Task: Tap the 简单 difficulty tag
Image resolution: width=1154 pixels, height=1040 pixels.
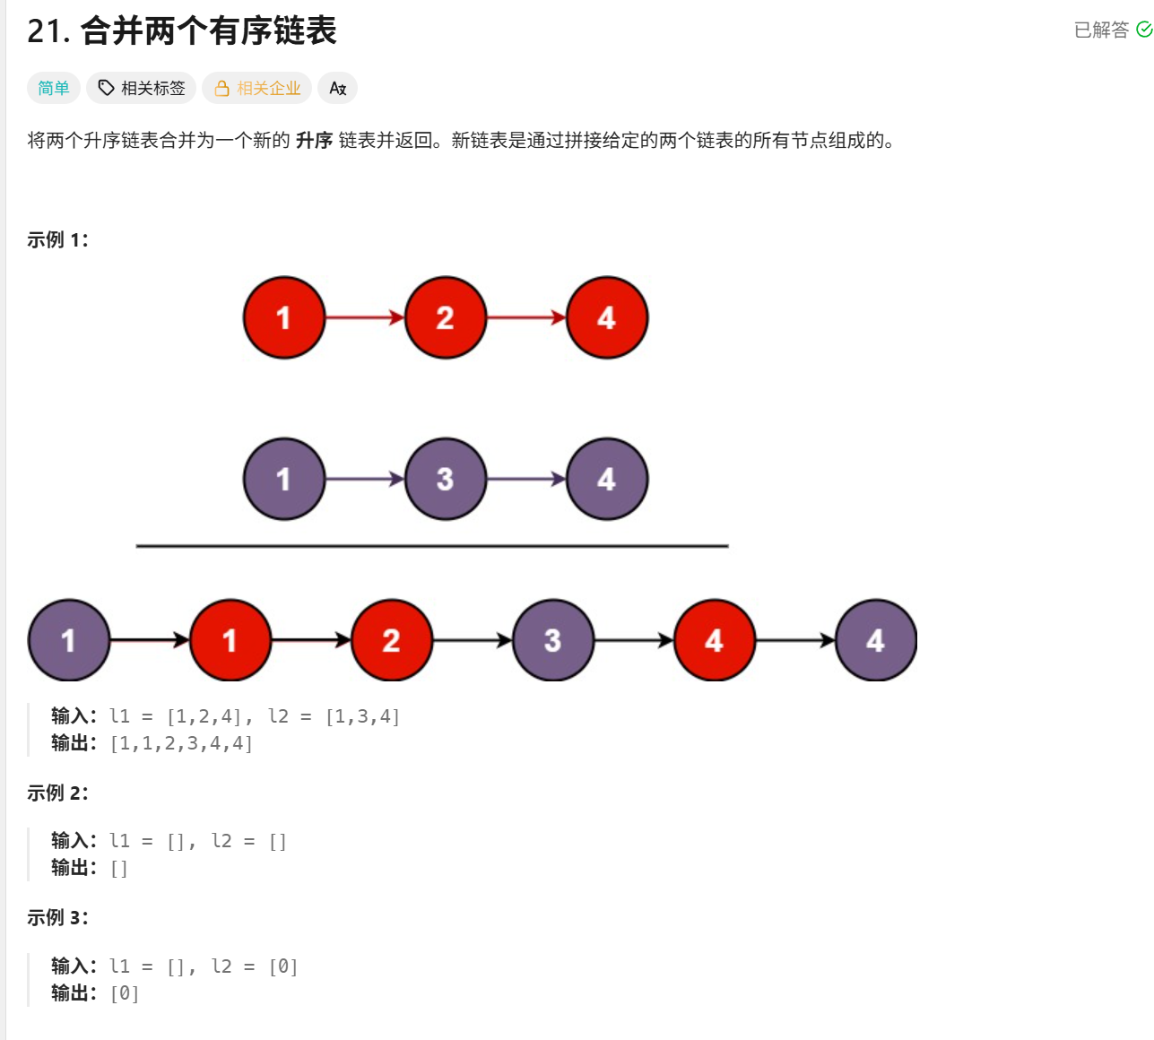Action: coord(54,88)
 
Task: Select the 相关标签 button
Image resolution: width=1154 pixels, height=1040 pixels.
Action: coord(142,88)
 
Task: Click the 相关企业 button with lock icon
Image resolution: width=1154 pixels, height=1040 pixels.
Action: coord(257,88)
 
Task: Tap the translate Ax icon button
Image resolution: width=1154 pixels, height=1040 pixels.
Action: coord(337,88)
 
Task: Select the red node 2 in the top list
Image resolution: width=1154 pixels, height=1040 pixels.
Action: coord(446,317)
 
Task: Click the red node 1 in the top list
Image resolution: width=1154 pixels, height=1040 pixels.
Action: coord(284,317)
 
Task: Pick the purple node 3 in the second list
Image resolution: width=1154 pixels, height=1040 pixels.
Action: coord(446,479)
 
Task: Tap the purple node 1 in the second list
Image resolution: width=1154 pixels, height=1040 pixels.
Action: coord(284,479)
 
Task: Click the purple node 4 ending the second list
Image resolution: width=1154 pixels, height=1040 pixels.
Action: coord(607,479)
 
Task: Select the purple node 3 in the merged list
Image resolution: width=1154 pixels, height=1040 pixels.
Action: coord(553,640)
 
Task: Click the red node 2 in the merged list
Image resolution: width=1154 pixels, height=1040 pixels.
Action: coord(392,640)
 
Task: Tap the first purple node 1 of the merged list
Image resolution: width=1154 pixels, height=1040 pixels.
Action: coord(69,640)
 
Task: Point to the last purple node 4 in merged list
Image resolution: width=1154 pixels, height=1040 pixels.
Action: coord(876,640)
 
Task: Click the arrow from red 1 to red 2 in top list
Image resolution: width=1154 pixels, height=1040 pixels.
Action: coord(365,317)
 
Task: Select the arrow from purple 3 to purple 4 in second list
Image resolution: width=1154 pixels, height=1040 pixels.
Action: coord(526,479)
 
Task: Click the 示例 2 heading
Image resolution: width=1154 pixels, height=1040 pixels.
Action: coord(57,793)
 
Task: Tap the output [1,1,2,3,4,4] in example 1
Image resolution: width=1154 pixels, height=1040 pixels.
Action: coord(181,743)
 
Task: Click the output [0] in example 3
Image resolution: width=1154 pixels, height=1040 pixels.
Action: coord(125,993)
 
